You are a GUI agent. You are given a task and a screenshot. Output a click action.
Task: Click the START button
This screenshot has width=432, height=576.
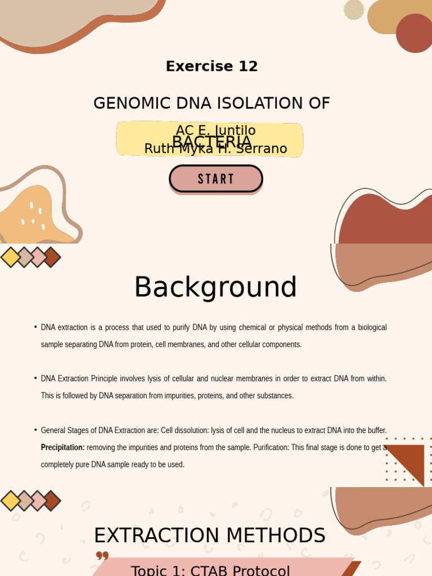[216, 179]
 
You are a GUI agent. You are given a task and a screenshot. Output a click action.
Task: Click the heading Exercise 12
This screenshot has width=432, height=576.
[211, 66]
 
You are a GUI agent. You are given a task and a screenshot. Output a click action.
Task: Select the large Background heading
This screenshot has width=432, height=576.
[215, 287]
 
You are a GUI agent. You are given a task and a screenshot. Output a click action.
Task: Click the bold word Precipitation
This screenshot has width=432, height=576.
[62, 448]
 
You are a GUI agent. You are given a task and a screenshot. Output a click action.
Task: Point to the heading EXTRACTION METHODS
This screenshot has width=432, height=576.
[209, 535]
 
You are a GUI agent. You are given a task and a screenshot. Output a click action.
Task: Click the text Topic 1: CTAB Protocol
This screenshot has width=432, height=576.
[210, 570]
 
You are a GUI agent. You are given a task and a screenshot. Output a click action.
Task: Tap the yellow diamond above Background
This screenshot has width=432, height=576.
[11, 257]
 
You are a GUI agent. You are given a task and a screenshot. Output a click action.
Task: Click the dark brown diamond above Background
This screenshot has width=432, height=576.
[51, 257]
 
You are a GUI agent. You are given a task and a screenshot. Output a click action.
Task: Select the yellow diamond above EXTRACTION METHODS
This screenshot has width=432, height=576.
[11, 501]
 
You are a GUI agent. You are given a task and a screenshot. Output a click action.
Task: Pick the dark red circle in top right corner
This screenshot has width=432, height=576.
[414, 33]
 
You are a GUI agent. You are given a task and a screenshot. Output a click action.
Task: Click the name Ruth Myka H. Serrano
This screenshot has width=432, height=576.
[215, 149]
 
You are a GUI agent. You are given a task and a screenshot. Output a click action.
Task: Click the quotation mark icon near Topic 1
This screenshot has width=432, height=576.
[102, 556]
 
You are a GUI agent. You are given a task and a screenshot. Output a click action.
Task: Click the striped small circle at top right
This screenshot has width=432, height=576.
[354, 10]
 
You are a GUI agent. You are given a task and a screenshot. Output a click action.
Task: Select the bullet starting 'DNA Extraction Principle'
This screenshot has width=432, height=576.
[214, 387]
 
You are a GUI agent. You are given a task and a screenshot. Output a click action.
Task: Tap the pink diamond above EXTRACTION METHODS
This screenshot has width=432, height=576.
[38, 501]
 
